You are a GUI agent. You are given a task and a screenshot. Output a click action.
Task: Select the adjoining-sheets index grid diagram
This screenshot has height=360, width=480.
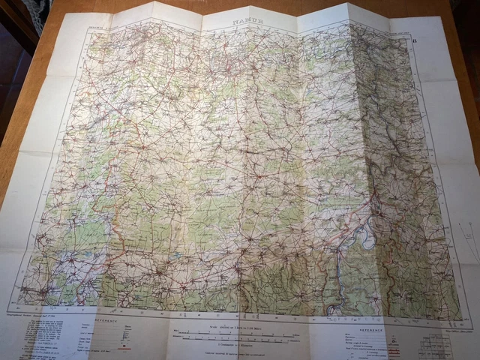pos(435,346)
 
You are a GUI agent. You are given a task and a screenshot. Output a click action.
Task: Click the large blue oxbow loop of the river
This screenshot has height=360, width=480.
pos(365,237)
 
